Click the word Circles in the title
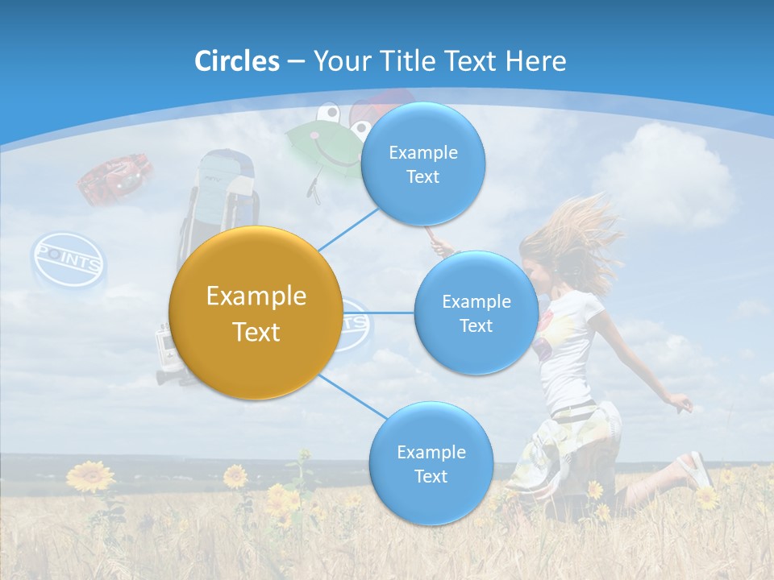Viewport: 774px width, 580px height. (x=237, y=61)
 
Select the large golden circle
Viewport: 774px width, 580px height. (x=256, y=313)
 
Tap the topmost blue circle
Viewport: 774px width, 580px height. (x=422, y=164)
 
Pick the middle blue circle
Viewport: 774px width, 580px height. (x=476, y=313)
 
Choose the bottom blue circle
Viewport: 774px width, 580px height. (x=431, y=464)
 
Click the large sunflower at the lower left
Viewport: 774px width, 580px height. (x=90, y=476)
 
